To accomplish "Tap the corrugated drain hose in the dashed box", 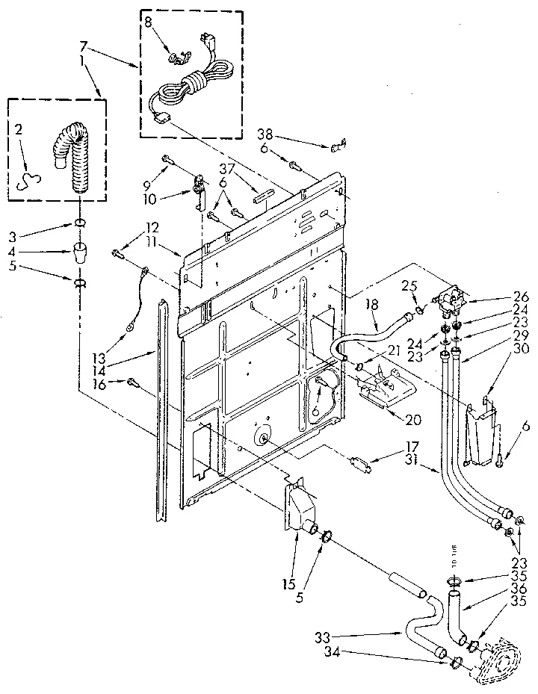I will (69, 161).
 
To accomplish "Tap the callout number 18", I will (373, 305).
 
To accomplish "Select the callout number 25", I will (408, 285).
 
